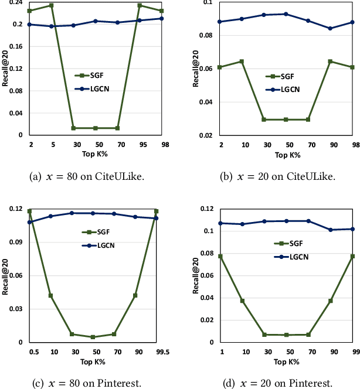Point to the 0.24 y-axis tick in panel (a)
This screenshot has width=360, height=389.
coord(16,2)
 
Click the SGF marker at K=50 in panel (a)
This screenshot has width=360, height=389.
coord(96,128)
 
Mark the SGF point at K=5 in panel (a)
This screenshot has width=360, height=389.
coord(52,5)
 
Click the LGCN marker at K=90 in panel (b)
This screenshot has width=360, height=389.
coord(330,29)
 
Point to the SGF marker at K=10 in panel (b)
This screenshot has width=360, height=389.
coord(242,62)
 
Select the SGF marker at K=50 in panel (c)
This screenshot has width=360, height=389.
coord(93,337)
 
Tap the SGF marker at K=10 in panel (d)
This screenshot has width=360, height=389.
coord(242,301)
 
